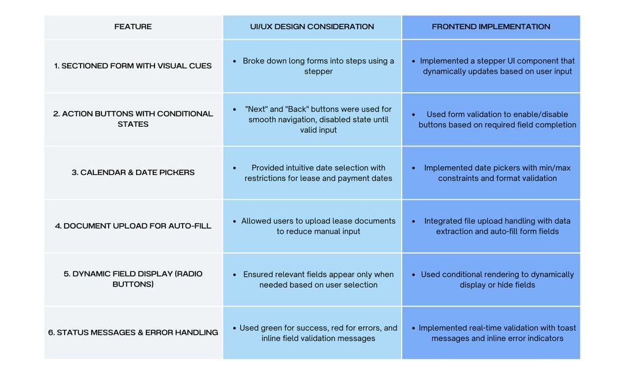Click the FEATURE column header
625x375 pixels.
(x=132, y=27)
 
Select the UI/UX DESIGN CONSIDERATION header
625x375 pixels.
(x=312, y=27)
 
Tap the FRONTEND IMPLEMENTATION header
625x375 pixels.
(x=491, y=27)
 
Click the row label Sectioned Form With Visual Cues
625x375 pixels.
(x=132, y=66)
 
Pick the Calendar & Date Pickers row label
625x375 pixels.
(x=132, y=173)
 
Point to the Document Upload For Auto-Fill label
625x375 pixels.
(x=132, y=226)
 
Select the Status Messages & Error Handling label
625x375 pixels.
(x=132, y=332)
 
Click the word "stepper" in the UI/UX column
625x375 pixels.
(x=318, y=72)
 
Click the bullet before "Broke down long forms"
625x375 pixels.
(x=234, y=62)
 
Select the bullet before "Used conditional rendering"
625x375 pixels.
(x=413, y=274)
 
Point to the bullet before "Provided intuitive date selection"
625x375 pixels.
(x=234, y=168)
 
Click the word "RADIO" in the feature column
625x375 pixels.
(x=190, y=274)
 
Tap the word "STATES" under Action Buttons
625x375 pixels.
(x=132, y=124)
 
